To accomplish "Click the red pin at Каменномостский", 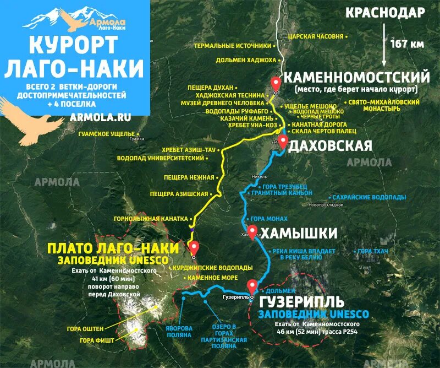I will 276,84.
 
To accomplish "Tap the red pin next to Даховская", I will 283,141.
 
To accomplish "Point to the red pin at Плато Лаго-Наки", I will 194,248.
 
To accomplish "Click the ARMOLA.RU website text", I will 101,117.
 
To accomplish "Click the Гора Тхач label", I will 373,251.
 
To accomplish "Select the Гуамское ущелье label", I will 106,134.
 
